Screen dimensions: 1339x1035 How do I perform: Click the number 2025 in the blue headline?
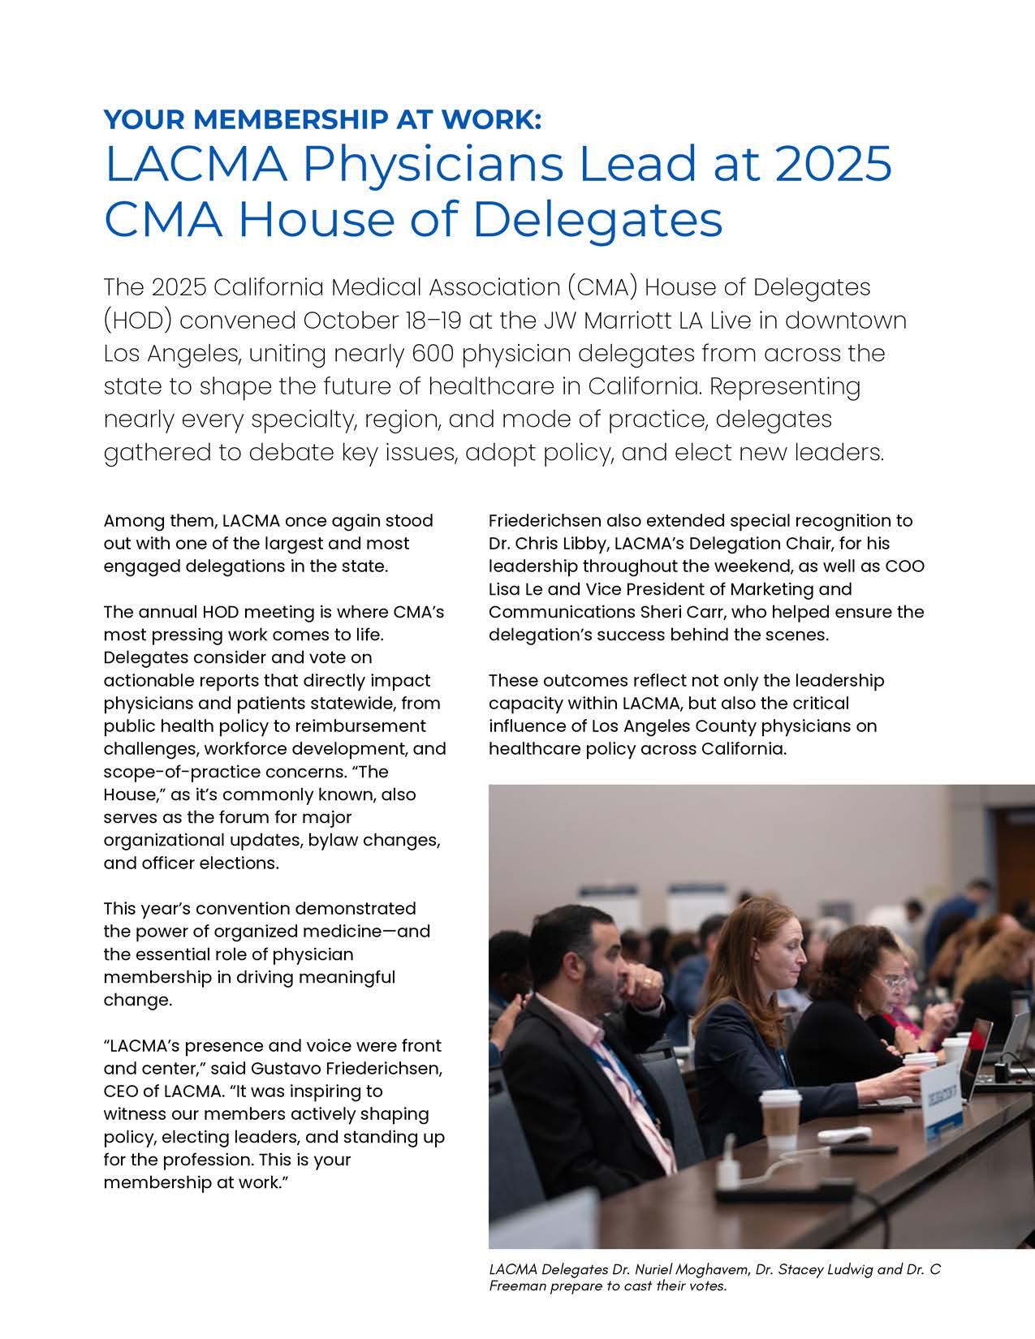pyautogui.click(x=833, y=163)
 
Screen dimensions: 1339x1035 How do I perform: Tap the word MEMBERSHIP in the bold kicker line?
pyautogui.click(x=267, y=119)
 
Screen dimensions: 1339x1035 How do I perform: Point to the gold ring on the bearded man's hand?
pyautogui.click(x=647, y=983)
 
